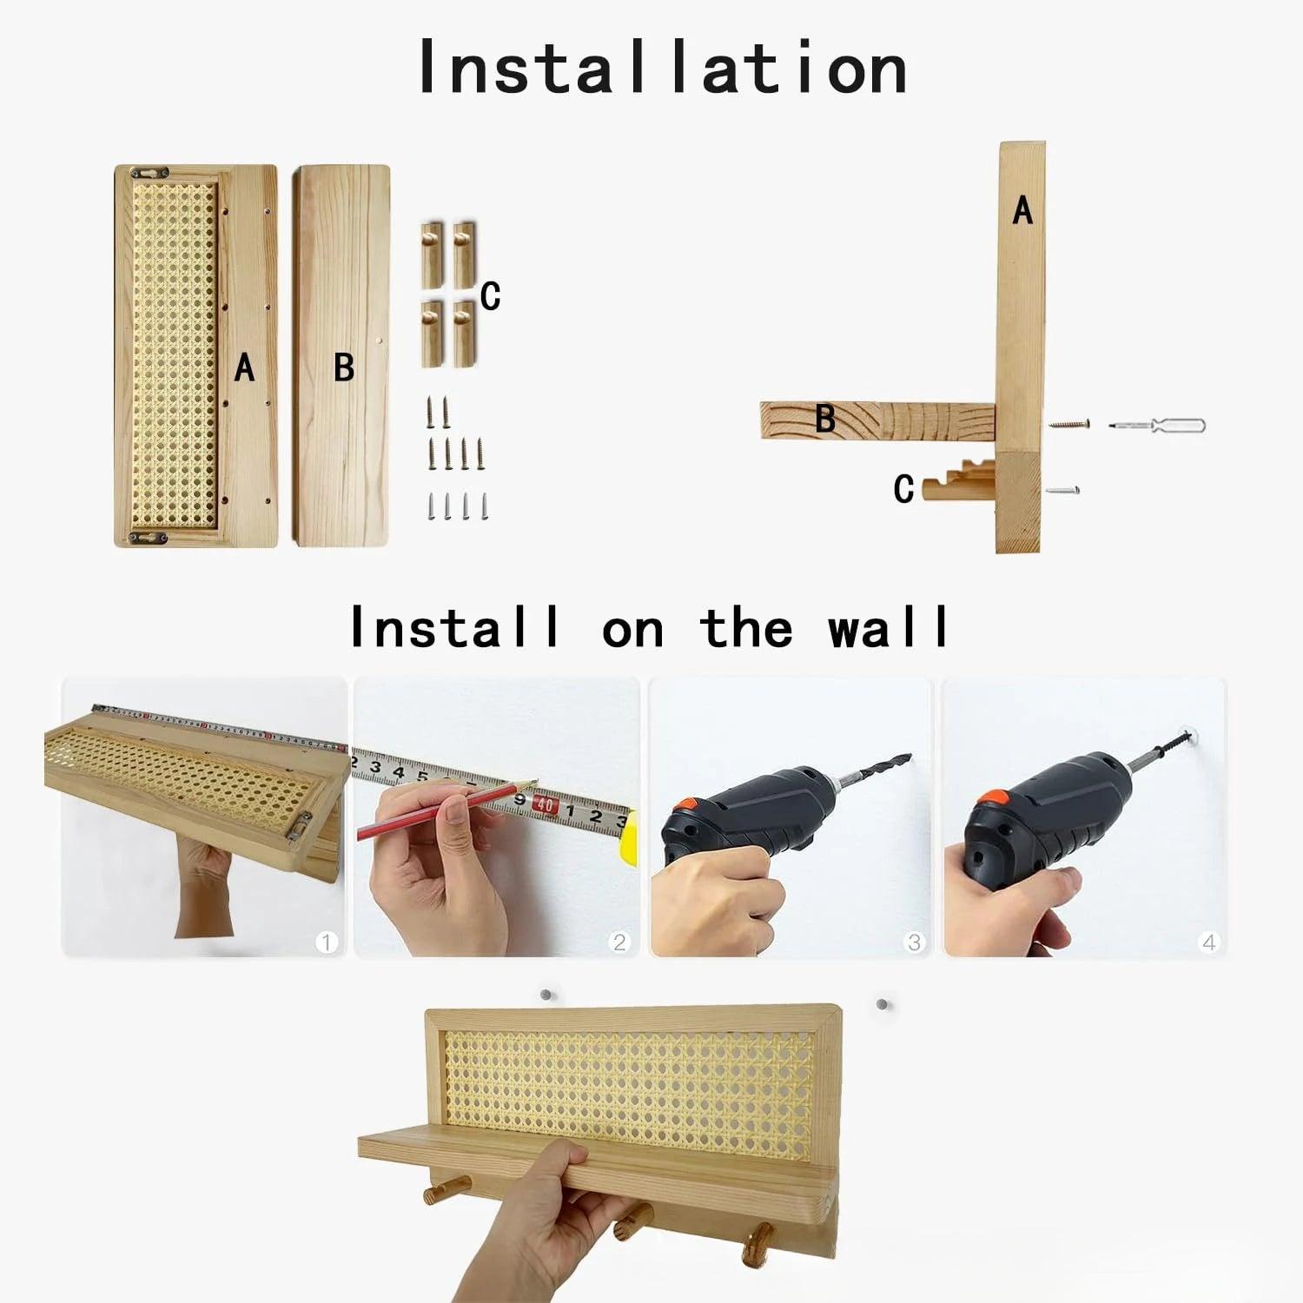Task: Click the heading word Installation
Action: click(x=662, y=68)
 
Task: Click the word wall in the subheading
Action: click(x=888, y=627)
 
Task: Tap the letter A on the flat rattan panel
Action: click(x=245, y=368)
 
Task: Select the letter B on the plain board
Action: click(x=344, y=367)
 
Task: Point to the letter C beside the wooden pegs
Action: click(x=491, y=296)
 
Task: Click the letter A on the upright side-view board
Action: click(x=1022, y=211)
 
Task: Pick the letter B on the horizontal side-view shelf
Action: click(x=825, y=420)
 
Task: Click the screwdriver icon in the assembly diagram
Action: click(x=1157, y=426)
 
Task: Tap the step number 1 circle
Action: click(x=327, y=942)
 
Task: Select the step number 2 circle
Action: click(x=619, y=942)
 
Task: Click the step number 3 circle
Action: click(x=914, y=942)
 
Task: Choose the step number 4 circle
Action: click(x=1208, y=942)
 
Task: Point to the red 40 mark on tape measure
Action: click(x=545, y=805)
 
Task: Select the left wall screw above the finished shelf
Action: click(x=546, y=995)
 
